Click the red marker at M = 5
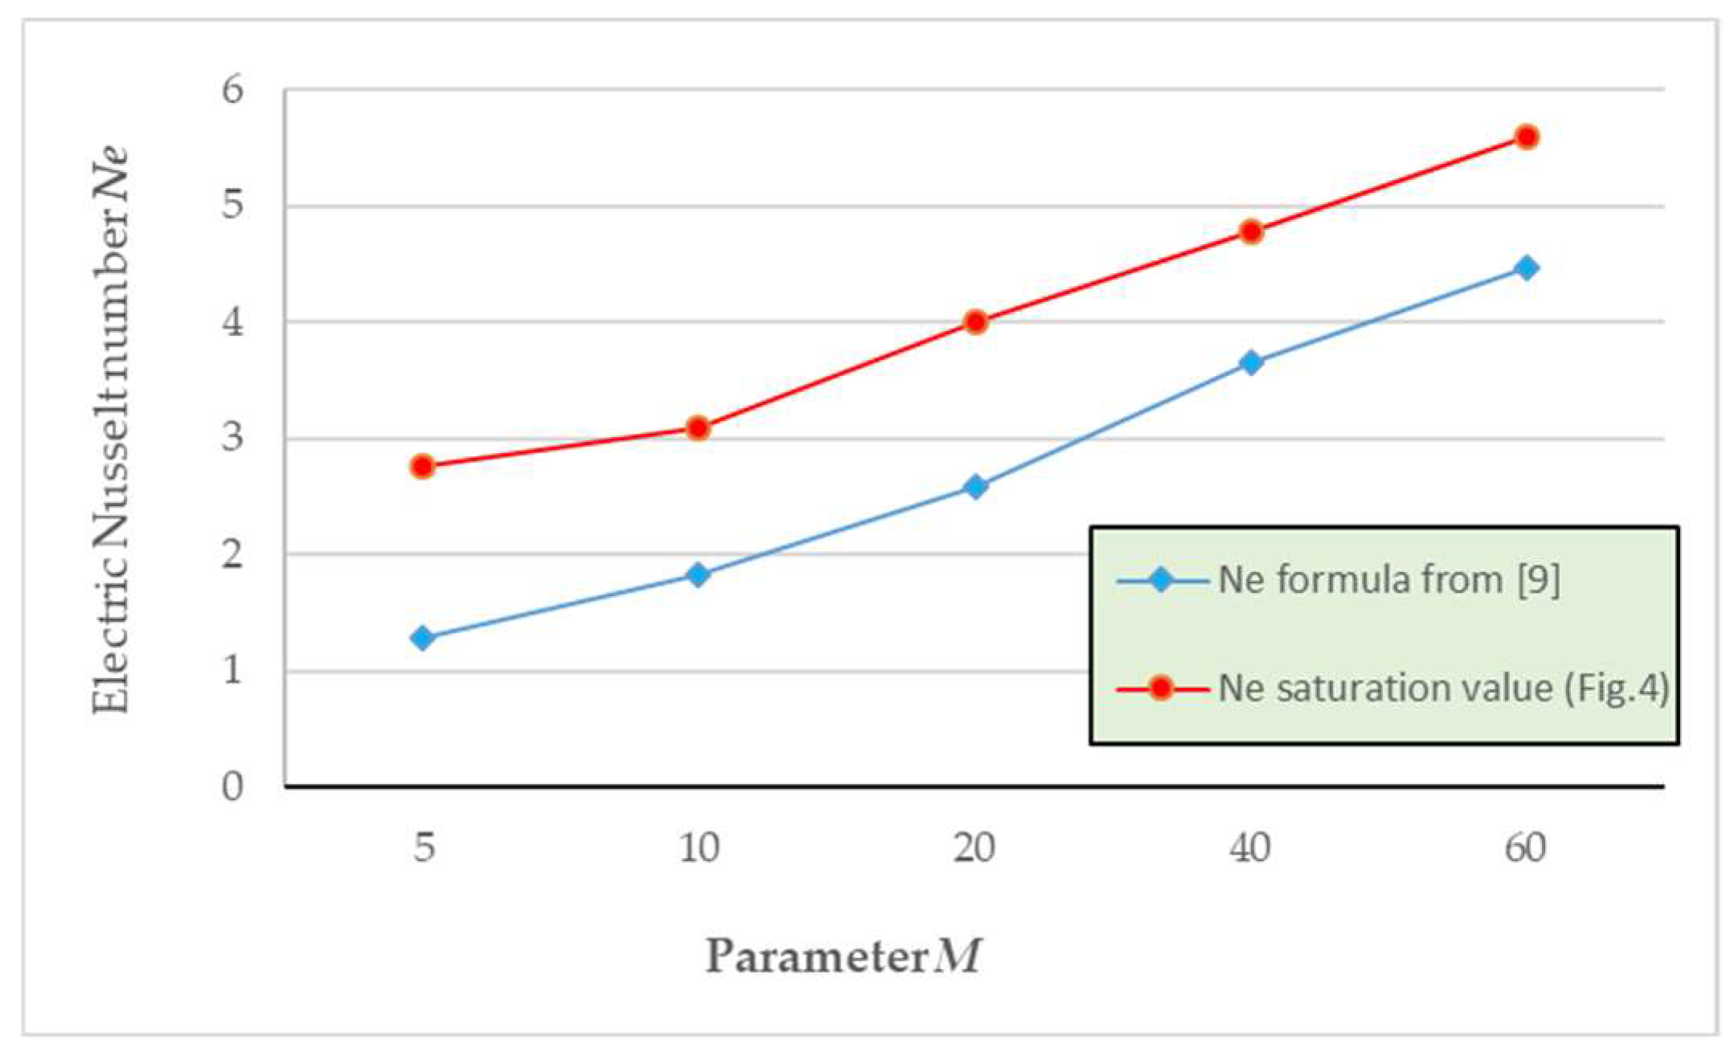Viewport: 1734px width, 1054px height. click(423, 467)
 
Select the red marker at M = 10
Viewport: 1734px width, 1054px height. click(698, 428)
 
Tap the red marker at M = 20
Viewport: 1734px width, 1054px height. click(975, 322)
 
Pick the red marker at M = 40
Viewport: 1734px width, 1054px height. click(1251, 232)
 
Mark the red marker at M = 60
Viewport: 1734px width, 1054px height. click(1527, 137)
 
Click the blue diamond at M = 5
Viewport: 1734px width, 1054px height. click(423, 639)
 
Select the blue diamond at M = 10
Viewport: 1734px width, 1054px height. click(698, 574)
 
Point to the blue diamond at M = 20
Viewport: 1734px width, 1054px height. click(975, 487)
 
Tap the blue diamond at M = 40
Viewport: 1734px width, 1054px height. click(1251, 362)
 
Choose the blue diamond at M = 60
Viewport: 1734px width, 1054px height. click(1527, 268)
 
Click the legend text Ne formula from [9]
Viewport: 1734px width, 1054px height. click(1388, 580)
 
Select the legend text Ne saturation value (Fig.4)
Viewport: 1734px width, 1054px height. click(1443, 688)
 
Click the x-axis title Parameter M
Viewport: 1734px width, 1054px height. click(843, 957)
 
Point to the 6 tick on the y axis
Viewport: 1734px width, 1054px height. click(232, 89)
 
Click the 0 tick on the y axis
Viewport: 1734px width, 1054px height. click(232, 786)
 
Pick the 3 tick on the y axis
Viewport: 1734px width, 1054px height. click(232, 439)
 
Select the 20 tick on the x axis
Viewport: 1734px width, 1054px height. click(975, 848)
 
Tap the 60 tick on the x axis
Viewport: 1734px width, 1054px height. click(1525, 848)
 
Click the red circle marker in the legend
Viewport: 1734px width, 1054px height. click(1161, 688)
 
